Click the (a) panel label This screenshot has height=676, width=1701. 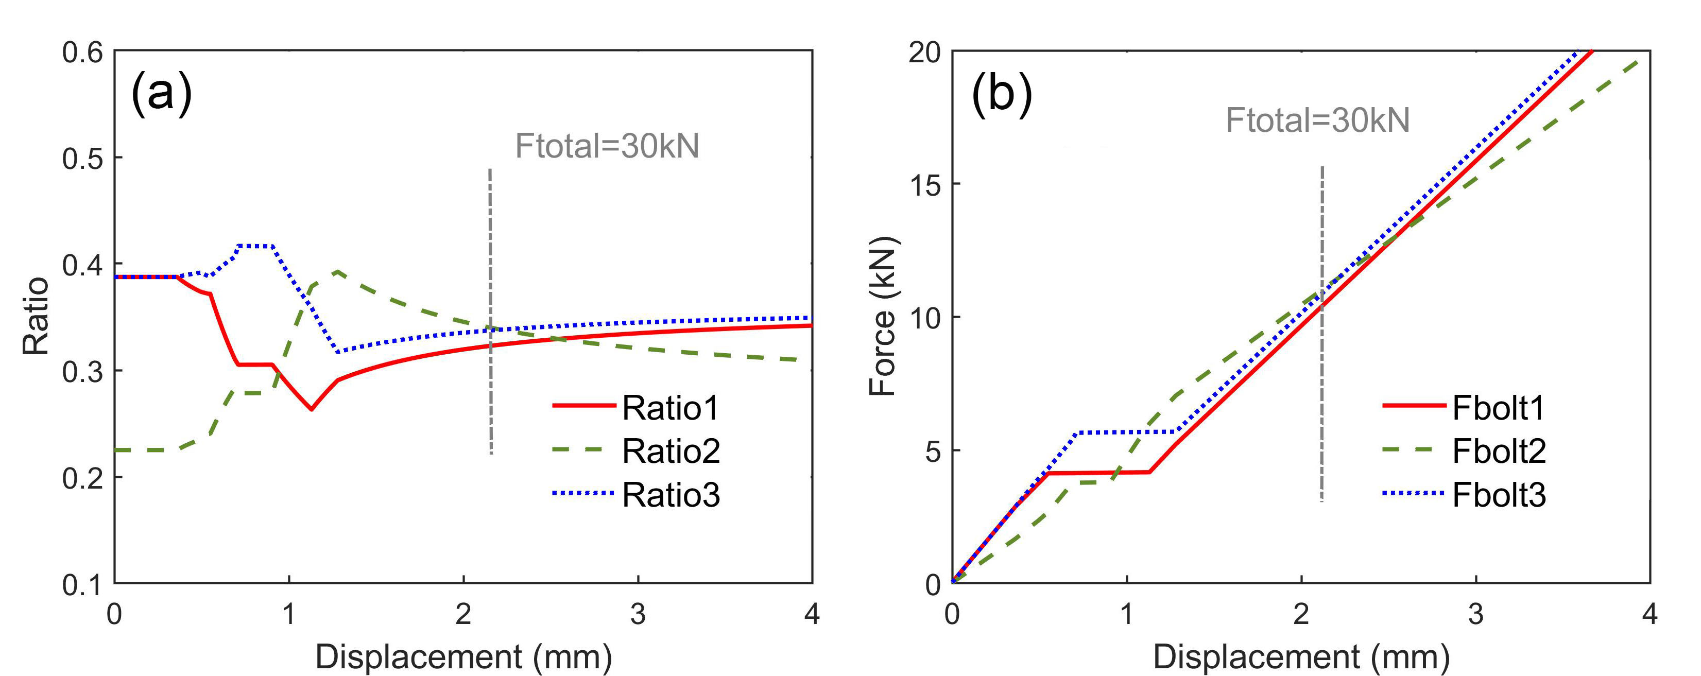(x=162, y=94)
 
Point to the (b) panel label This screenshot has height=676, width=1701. (x=1001, y=94)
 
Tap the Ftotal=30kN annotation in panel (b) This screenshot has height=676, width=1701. (x=1317, y=120)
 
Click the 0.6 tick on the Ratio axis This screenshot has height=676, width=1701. (x=82, y=51)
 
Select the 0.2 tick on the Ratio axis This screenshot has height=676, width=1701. (x=82, y=478)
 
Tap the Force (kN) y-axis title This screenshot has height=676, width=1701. (x=882, y=317)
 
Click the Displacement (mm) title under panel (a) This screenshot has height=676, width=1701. (x=463, y=657)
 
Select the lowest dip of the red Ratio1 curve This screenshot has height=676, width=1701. (x=312, y=409)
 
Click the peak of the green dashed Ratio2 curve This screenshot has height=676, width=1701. (x=337, y=271)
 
